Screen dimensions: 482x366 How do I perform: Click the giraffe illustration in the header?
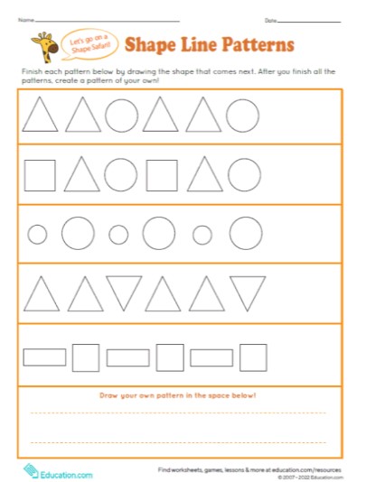(42, 44)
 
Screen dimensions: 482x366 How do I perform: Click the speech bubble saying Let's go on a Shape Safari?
(87, 43)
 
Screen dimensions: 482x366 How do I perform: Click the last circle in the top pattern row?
(241, 116)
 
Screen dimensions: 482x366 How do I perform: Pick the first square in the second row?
(40, 175)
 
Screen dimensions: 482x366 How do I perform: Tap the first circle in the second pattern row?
(120, 175)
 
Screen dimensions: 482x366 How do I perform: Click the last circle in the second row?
(243, 175)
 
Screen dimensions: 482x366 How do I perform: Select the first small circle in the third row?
(37, 235)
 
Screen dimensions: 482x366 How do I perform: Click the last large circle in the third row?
(244, 233)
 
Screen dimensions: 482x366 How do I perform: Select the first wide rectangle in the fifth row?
(44, 357)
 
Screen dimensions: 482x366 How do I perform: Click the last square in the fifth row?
(253, 357)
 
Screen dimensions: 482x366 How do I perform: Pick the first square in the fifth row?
(86, 357)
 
